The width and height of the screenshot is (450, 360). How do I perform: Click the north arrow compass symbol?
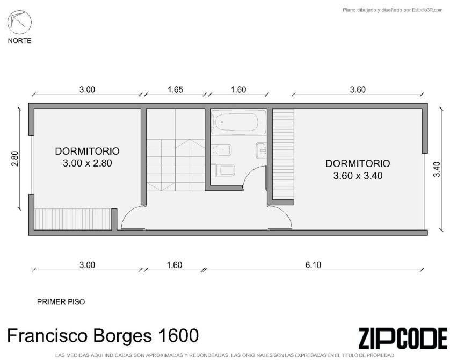tap(19, 23)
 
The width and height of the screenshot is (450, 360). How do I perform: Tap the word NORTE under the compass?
tap(19, 41)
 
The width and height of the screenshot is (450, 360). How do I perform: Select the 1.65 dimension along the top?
tap(175, 90)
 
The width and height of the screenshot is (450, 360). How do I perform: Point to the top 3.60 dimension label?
tap(358, 90)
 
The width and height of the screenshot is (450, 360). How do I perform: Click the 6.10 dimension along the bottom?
tap(313, 265)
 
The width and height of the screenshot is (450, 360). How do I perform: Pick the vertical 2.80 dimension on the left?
tap(15, 159)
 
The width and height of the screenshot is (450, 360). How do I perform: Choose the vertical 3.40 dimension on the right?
tap(437, 169)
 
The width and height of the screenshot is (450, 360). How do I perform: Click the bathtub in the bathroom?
tap(238, 123)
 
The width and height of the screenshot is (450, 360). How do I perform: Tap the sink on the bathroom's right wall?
tap(261, 150)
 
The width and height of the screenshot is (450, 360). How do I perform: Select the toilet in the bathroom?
tap(222, 170)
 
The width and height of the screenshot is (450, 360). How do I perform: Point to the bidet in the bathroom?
tap(221, 150)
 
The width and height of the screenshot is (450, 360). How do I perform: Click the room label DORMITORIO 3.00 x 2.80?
tap(87, 157)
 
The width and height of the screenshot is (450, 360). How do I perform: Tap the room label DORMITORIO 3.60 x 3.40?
tap(358, 169)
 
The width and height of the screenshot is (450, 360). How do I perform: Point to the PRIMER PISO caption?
tap(61, 302)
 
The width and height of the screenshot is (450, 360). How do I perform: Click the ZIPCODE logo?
tap(403, 338)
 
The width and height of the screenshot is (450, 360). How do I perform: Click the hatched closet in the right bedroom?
tap(283, 154)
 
